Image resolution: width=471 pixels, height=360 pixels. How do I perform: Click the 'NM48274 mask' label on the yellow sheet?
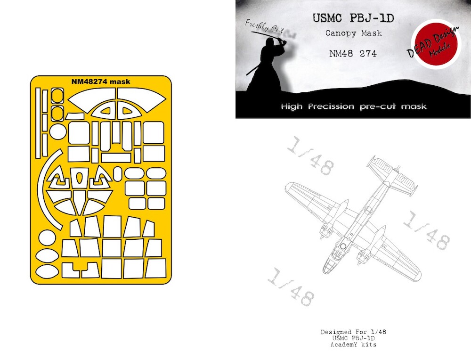point(101,82)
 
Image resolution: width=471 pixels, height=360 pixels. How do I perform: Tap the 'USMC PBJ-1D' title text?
point(353,18)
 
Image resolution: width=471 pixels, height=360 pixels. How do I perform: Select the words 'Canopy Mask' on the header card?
point(354,33)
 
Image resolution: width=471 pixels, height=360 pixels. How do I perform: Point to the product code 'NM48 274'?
point(353,54)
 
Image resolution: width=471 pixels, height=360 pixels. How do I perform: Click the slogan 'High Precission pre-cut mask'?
point(354,106)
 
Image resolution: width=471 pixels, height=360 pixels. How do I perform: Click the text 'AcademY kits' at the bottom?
point(353,344)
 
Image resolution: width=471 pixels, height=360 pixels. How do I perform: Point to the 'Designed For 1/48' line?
point(353,332)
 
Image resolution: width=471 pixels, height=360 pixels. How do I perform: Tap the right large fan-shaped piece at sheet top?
point(141,98)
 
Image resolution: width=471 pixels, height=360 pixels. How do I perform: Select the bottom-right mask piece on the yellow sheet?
point(155,268)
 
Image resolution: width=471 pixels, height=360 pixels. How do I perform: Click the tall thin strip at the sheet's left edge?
point(38,123)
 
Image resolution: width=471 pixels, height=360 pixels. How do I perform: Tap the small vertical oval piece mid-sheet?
point(117,174)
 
